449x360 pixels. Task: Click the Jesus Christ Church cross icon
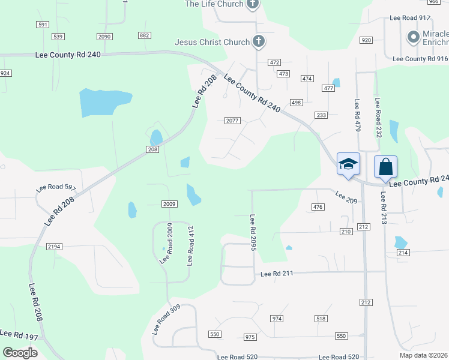click(x=259, y=42)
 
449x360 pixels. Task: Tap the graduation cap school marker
click(x=348, y=164)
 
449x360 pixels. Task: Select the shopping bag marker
click(x=385, y=166)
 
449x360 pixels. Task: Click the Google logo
click(x=20, y=353)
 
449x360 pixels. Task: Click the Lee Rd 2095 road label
click(x=253, y=238)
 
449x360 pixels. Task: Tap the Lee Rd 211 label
click(x=277, y=274)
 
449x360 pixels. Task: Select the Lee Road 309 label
click(x=166, y=319)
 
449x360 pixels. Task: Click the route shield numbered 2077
click(x=233, y=121)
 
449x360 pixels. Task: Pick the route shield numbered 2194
click(x=55, y=247)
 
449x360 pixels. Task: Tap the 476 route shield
click(x=318, y=207)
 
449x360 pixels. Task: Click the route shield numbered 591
click(x=42, y=25)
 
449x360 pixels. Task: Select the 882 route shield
click(x=144, y=36)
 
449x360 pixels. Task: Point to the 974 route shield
click(x=277, y=318)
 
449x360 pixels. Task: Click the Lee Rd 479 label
click(x=357, y=116)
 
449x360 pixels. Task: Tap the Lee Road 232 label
click(x=378, y=118)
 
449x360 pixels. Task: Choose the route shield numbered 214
click(x=403, y=253)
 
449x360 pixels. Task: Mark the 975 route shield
click(x=250, y=337)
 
